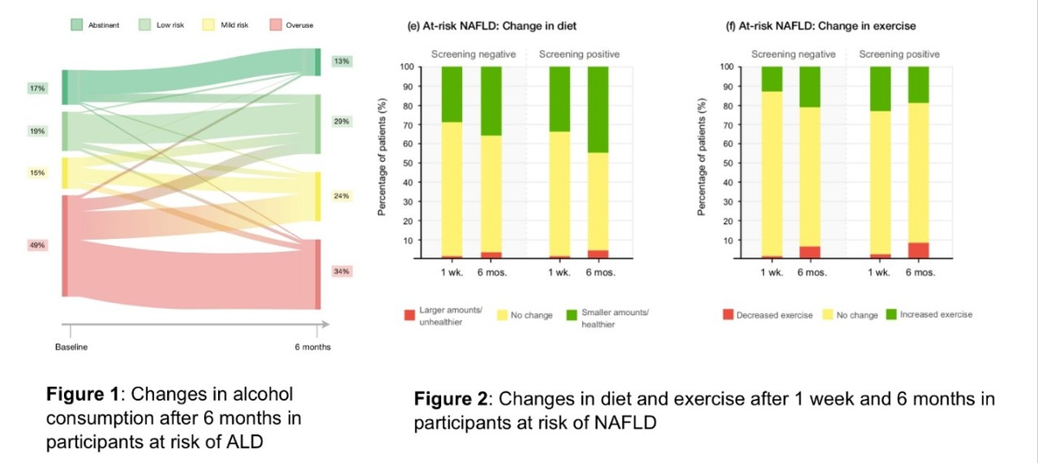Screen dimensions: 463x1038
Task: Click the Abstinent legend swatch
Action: tap(77, 25)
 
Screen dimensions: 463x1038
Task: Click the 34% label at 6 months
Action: tap(341, 272)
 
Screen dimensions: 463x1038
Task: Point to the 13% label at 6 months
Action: tap(341, 61)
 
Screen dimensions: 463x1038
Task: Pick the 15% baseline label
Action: tap(36, 173)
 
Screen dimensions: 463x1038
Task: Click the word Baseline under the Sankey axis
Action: tap(71, 347)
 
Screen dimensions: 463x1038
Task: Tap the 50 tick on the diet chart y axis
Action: tap(406, 163)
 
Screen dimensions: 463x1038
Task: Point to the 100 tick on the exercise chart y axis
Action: tap(726, 67)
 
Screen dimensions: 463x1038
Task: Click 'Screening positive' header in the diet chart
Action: tap(579, 55)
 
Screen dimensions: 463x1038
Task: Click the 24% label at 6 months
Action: tap(341, 196)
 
